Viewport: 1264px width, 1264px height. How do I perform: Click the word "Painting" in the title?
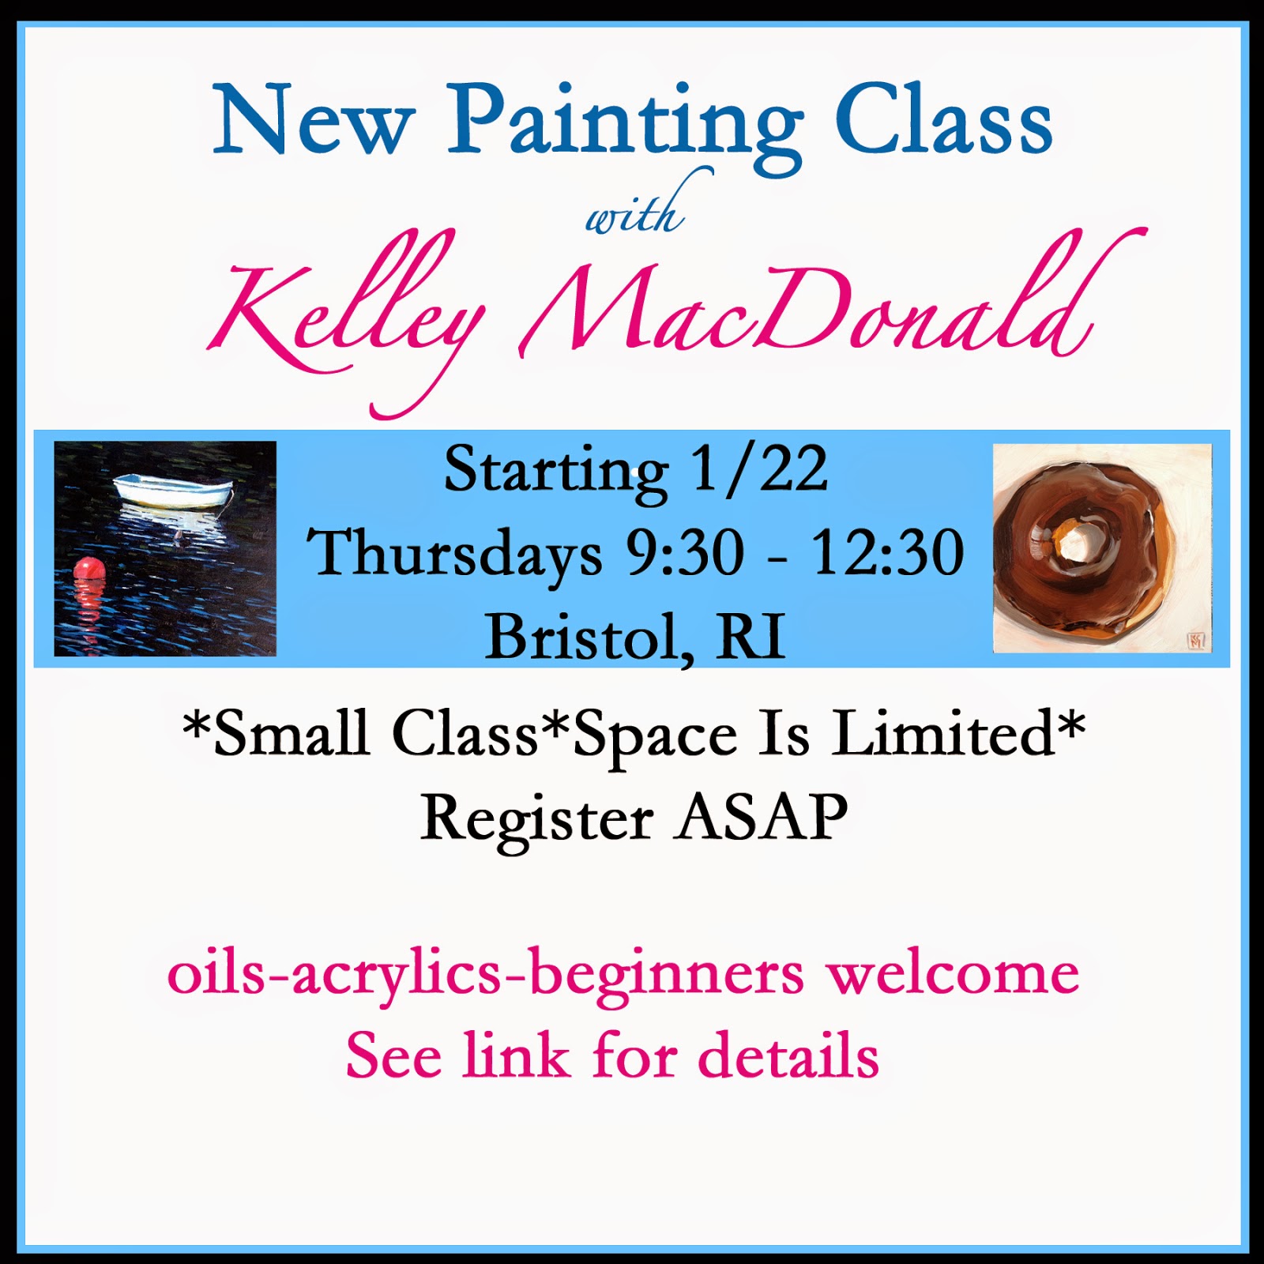(625, 126)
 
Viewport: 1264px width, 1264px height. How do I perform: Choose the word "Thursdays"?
(454, 554)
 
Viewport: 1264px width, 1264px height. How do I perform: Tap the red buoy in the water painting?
(88, 570)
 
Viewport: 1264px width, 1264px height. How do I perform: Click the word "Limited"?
(943, 734)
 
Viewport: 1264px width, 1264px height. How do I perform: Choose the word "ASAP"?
(762, 817)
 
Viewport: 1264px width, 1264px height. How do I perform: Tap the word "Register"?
(537, 822)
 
